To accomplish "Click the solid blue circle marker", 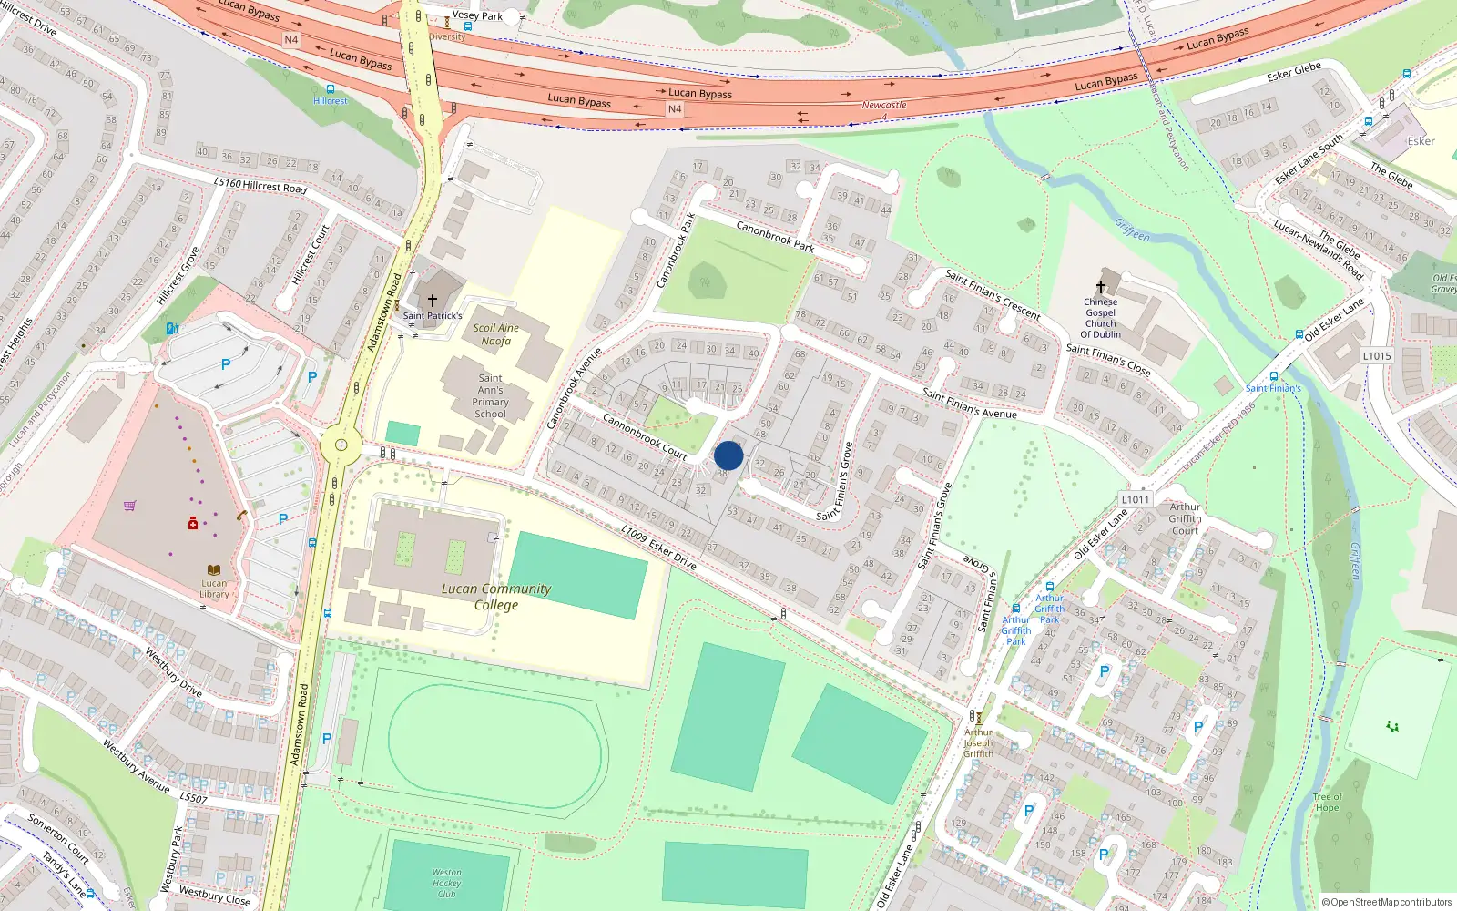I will [x=728, y=455].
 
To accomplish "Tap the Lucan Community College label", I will [x=496, y=597].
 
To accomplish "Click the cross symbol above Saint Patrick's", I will [x=433, y=300].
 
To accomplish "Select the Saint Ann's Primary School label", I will [x=490, y=396].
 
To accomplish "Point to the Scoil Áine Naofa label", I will [x=496, y=334].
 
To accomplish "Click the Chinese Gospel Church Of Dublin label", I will [x=1100, y=318].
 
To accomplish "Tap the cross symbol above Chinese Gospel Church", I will [x=1101, y=286].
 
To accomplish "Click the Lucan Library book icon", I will [x=214, y=570].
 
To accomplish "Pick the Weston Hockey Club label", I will [x=446, y=883].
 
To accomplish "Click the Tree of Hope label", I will [x=1327, y=803].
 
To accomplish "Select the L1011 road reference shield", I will [x=1136, y=499].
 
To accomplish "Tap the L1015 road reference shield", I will [x=1377, y=356].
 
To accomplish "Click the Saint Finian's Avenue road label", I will [x=969, y=403].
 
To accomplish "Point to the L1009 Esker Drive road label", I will [x=659, y=548].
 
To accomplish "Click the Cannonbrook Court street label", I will [x=645, y=436].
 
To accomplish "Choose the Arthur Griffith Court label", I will [x=1185, y=518].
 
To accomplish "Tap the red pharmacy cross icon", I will [x=193, y=524].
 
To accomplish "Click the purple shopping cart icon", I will [x=130, y=506].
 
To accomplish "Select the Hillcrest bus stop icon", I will [x=330, y=89].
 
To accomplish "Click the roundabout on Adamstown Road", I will [x=341, y=445].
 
